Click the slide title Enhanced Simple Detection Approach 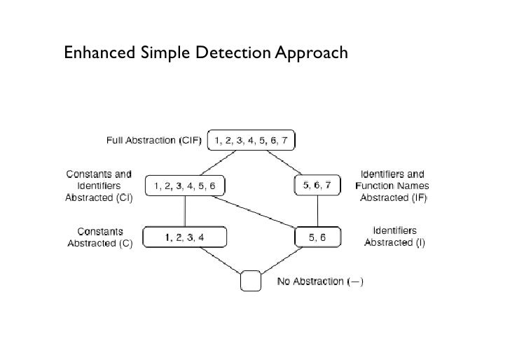tap(205, 53)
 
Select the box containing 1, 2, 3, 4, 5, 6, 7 tap(250, 141)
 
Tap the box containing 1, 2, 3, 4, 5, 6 tap(185, 186)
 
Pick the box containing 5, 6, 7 tap(318, 185)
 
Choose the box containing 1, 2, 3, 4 tap(185, 237)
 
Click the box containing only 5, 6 tap(317, 237)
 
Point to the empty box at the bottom tap(250, 282)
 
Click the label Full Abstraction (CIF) tap(153, 141)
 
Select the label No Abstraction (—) tap(319, 282)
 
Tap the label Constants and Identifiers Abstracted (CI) tap(99, 186)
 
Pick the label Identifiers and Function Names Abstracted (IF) tap(393, 186)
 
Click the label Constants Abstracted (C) tap(99, 237)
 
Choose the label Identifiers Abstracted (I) tap(394, 237)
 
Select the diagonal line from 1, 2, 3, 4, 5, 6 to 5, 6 tap(251, 212)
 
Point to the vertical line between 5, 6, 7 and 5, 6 tap(318, 212)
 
